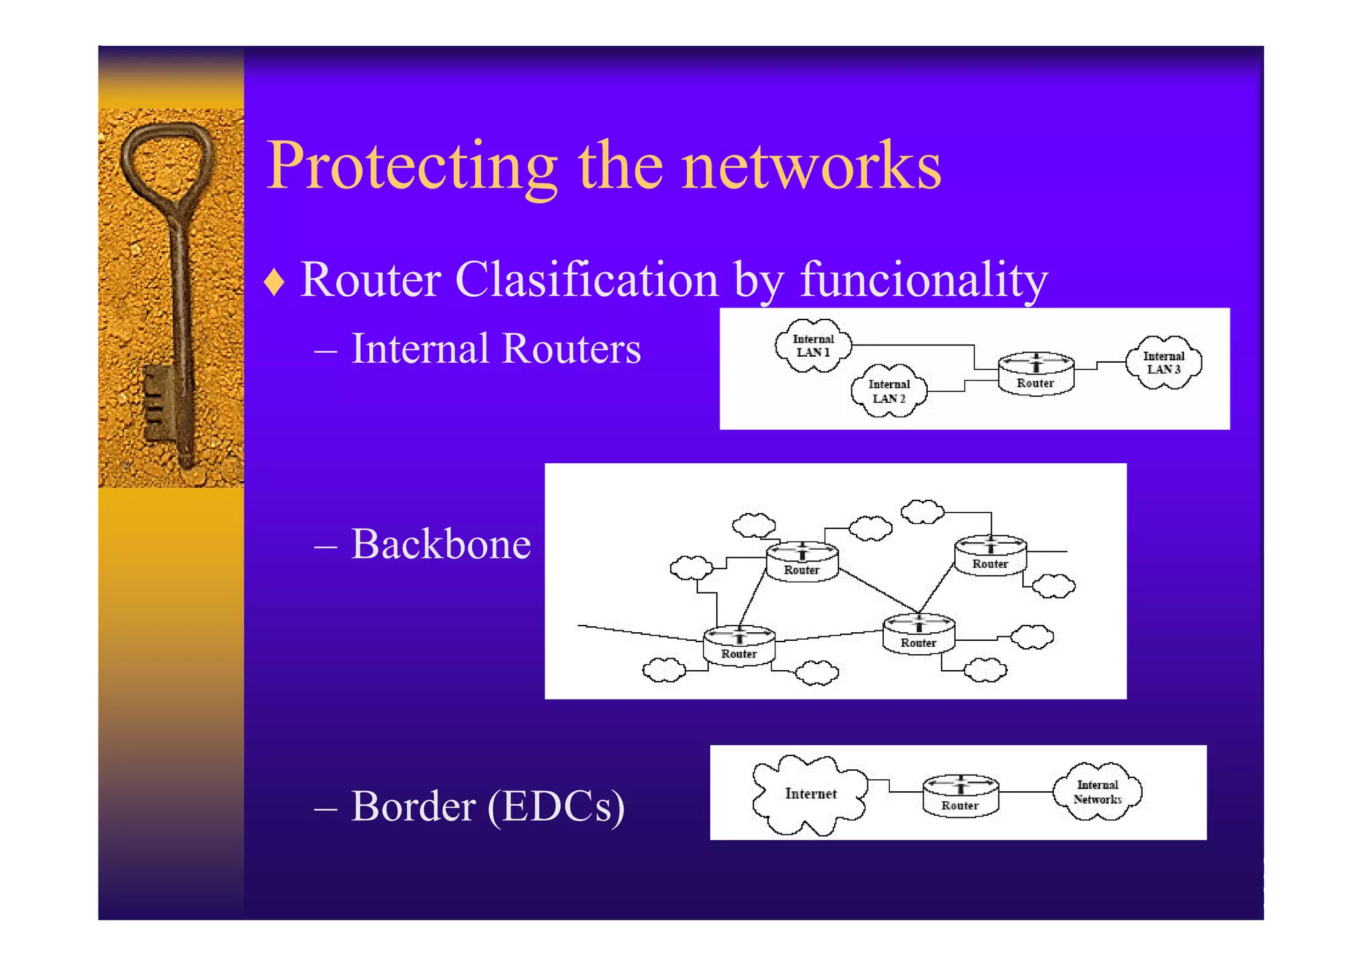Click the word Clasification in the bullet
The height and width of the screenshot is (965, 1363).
(586, 280)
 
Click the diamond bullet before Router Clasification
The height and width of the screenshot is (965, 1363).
(274, 282)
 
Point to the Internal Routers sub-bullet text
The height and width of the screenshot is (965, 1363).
(495, 349)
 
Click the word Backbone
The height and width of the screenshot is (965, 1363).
(441, 544)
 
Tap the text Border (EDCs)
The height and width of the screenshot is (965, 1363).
(487, 807)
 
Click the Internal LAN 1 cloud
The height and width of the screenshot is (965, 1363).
(813, 346)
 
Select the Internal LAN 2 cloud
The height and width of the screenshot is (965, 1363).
(888, 391)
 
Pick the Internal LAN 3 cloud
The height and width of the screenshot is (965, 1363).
(1163, 363)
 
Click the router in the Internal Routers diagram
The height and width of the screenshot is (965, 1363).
(1036, 374)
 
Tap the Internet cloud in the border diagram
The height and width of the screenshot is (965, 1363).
(809, 794)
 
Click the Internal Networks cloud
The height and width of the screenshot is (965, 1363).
(1097, 792)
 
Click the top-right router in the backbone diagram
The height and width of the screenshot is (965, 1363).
(990, 555)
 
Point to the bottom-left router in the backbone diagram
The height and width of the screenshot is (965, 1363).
(739, 645)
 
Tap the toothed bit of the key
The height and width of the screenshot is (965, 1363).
(157, 402)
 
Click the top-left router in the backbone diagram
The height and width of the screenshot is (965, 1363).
(801, 562)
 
